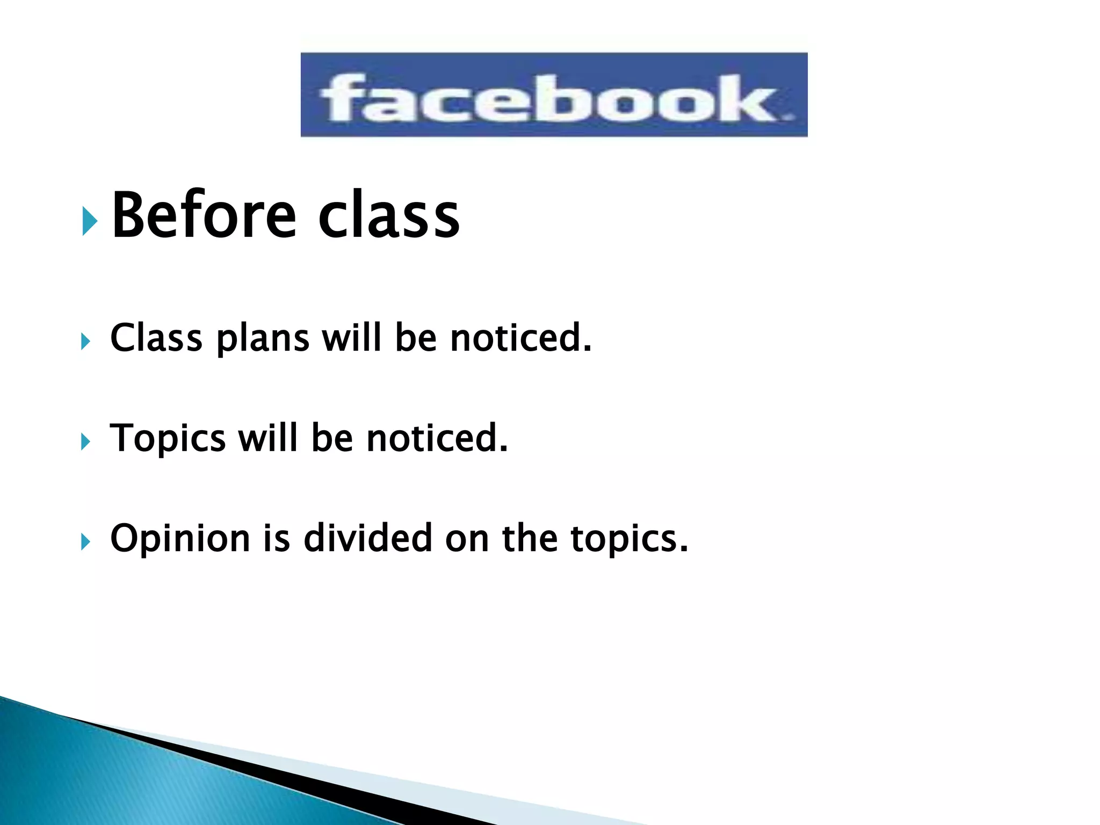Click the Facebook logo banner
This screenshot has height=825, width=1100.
554,95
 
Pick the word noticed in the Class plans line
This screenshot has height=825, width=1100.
520,338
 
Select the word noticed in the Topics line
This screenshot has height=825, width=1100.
436,438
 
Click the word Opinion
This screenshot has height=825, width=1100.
180,539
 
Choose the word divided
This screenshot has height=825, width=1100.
368,538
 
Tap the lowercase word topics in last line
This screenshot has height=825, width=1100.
628,539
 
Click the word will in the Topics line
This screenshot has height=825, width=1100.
267,438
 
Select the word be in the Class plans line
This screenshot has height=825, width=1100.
416,338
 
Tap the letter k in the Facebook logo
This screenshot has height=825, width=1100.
752,98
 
